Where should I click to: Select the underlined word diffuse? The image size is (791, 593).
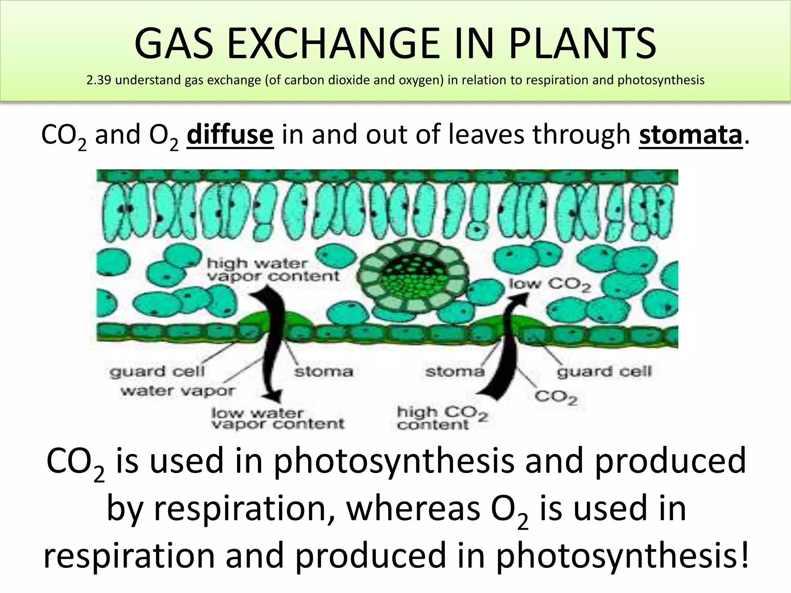230,135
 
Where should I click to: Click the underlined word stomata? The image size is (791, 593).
691,135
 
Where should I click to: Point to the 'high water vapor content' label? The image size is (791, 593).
273,270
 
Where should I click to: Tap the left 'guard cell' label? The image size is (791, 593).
157,371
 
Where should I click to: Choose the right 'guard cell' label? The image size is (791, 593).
604,371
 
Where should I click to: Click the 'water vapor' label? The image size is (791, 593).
177,391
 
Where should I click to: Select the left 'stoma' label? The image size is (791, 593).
324,372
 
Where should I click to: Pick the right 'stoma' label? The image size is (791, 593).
455,372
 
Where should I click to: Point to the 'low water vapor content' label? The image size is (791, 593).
277,418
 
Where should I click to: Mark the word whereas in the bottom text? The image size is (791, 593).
413,508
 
